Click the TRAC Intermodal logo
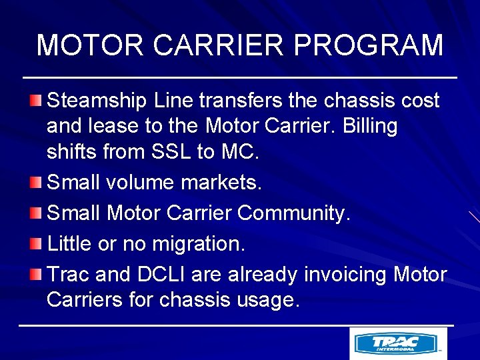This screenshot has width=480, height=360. pyautogui.click(x=398, y=343)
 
